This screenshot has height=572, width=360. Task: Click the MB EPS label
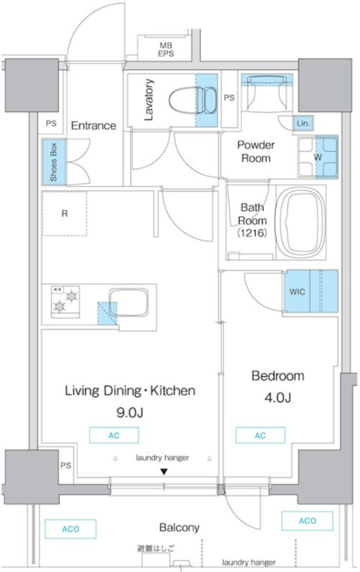tap(166, 49)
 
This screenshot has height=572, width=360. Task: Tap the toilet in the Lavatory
tap(193, 100)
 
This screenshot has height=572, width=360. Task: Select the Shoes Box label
tap(53, 162)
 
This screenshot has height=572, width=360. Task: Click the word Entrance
tap(93, 125)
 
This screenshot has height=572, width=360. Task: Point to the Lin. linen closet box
tap(303, 123)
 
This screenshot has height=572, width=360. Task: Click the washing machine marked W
tap(317, 157)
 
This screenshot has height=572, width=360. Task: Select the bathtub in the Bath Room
tap(301, 222)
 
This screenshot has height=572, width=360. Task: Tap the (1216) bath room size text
tap(252, 232)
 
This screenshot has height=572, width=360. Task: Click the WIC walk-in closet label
tap(297, 292)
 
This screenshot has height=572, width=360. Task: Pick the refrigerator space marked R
tap(64, 213)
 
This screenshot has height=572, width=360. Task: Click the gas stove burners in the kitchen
tap(66, 302)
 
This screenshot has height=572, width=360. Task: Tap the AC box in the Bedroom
tap(261, 436)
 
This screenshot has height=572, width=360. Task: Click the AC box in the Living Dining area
tap(114, 436)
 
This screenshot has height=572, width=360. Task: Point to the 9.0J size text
tap(130, 413)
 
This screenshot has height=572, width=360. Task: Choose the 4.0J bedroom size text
tap(278, 397)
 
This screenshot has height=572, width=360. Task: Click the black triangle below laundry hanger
tap(164, 472)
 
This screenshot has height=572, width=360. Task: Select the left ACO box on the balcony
tap(70, 529)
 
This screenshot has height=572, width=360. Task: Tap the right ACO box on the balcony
tap(308, 521)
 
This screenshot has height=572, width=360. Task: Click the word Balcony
tap(179, 528)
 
